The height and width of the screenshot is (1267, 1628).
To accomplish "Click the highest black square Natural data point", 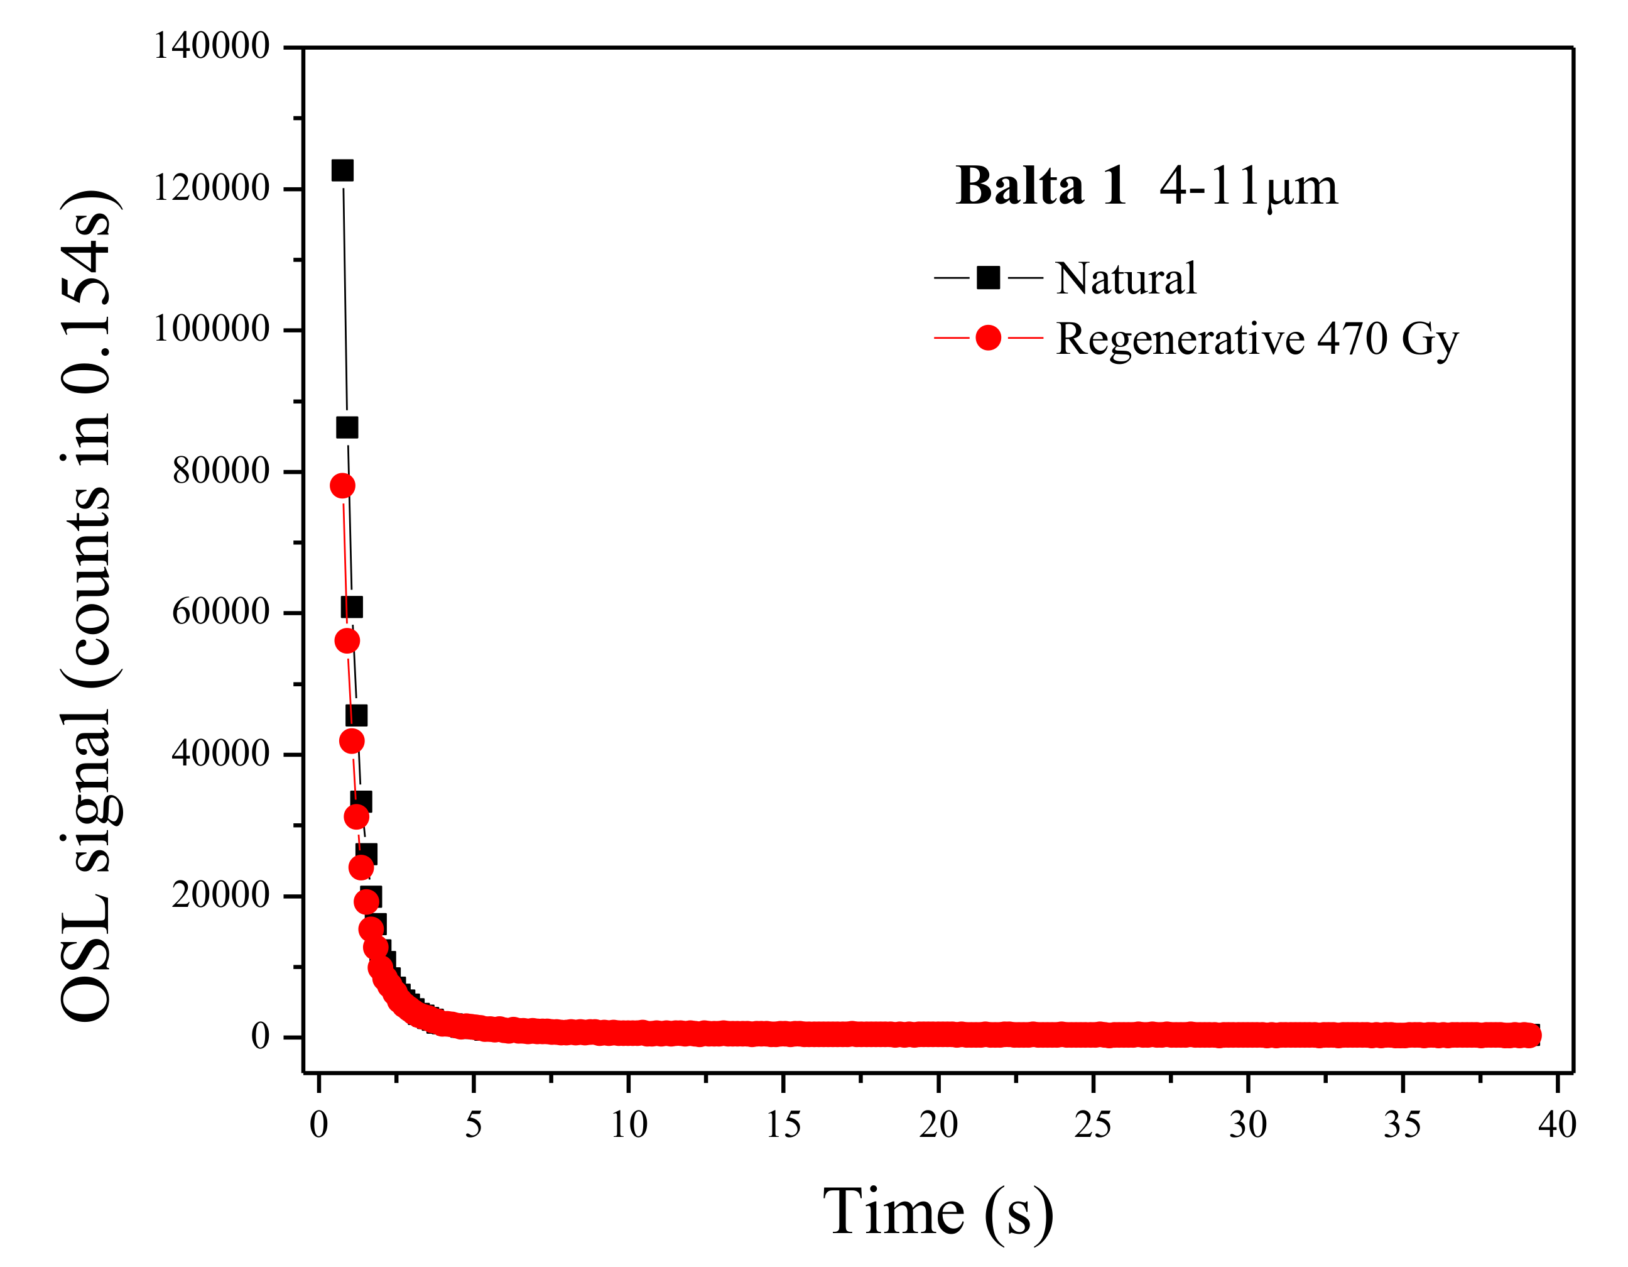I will point(342,171).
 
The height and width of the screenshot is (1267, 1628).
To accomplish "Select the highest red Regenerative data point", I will point(342,486).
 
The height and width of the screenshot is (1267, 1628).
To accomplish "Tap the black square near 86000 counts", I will point(347,428).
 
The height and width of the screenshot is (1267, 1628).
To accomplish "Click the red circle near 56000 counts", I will point(347,641).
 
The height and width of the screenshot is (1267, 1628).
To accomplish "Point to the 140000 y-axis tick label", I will point(211,47).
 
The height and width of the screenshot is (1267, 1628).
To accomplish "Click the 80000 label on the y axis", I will point(220,471).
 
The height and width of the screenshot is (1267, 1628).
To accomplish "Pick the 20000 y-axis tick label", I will point(220,895).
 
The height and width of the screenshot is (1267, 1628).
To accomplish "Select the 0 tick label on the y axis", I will point(259,1036).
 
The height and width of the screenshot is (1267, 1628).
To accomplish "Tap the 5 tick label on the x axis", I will point(474,1124).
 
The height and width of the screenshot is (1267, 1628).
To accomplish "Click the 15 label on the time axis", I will point(783,1124).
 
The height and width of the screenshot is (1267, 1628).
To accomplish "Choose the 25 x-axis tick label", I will point(1093,1124).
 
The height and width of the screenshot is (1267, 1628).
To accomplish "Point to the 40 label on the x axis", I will point(1557,1124).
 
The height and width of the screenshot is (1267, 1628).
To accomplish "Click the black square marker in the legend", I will point(989,277).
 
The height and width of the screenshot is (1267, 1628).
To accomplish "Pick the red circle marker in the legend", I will point(989,338).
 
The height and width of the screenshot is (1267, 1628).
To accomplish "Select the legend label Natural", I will point(1126,278).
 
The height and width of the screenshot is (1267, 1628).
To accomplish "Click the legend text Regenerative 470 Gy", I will point(1257,339).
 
